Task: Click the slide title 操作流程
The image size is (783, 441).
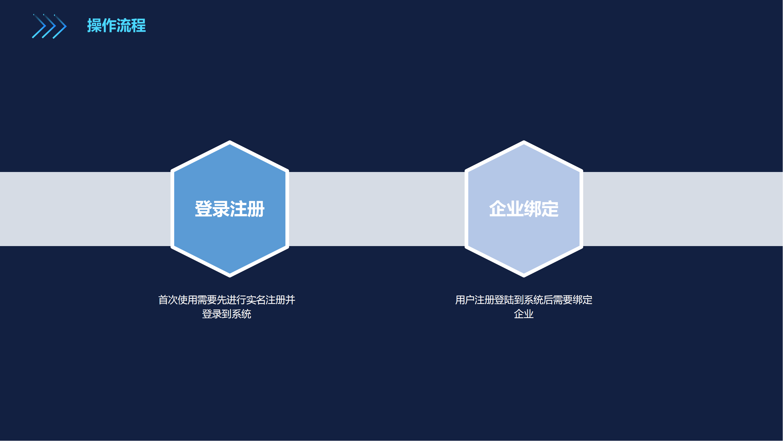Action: point(117,25)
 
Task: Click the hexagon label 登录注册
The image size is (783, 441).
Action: point(230,209)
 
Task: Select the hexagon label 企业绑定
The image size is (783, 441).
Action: point(524,209)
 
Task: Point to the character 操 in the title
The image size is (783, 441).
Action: point(94,25)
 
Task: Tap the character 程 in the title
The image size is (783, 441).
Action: point(139,25)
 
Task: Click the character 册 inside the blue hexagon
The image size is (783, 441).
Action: point(256,209)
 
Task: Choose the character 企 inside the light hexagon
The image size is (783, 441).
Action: point(498,209)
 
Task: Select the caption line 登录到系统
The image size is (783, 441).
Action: point(227,314)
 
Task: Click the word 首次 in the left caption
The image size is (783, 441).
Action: point(168,300)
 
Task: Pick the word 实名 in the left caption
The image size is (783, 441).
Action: point(256,300)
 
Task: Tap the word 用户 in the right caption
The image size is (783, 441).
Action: point(465,300)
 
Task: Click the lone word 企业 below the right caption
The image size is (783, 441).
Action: point(524,314)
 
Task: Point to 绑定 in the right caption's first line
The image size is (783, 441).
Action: point(583,300)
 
